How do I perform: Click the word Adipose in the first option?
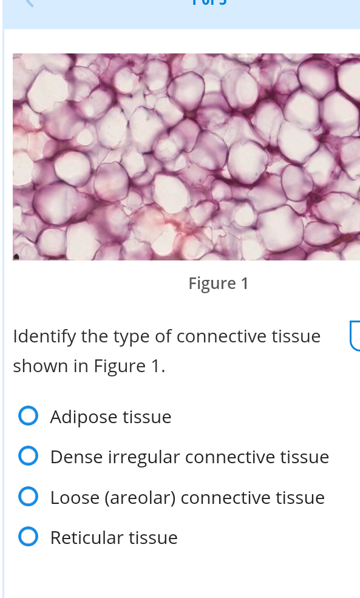(x=84, y=418)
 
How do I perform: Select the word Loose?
(x=75, y=498)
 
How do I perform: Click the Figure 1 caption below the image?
(x=219, y=284)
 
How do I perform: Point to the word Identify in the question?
(x=40, y=336)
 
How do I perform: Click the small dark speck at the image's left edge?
(x=16, y=256)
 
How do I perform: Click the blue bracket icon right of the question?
(x=354, y=336)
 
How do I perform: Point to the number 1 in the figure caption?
(x=245, y=284)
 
